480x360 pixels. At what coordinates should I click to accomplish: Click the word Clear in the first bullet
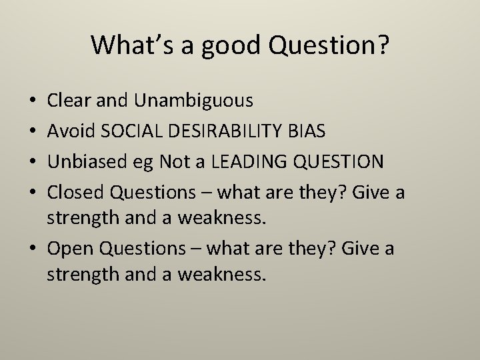pos(69,100)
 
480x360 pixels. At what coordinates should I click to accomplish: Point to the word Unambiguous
pos(193,101)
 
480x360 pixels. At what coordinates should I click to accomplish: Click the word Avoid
pos(69,131)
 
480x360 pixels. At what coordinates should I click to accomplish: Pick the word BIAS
pos(306,131)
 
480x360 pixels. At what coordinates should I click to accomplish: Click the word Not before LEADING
pos(181,161)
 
